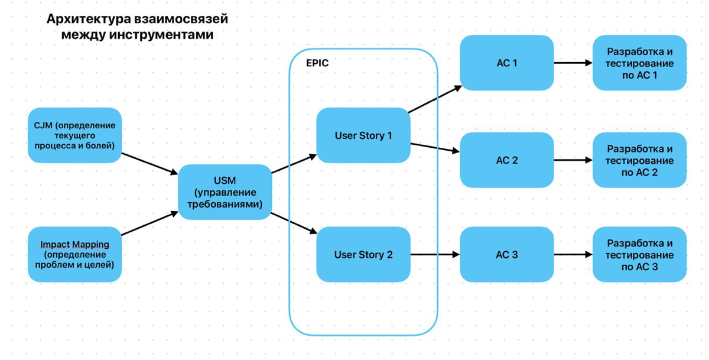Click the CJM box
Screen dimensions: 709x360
point(74,135)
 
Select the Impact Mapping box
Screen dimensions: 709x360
point(74,254)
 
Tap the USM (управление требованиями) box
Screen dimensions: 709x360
point(225,192)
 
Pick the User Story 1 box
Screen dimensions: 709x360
point(363,135)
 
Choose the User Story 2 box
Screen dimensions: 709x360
point(363,254)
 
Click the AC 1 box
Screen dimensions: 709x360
point(507,63)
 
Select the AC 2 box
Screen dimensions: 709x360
point(507,160)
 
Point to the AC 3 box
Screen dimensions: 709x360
point(507,254)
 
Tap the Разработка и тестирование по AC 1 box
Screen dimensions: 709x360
point(640,63)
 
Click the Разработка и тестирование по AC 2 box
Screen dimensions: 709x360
point(640,160)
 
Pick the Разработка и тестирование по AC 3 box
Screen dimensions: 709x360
point(640,254)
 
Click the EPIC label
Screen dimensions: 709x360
point(317,63)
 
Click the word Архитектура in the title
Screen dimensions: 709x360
point(89,19)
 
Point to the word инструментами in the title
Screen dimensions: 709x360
point(161,34)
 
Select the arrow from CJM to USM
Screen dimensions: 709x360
point(149,164)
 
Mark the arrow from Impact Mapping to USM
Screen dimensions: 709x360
point(149,223)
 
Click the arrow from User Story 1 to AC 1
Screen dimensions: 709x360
point(435,99)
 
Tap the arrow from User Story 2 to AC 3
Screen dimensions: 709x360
point(435,254)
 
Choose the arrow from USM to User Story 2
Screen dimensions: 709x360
point(294,223)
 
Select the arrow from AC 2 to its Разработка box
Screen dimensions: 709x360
point(573,160)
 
